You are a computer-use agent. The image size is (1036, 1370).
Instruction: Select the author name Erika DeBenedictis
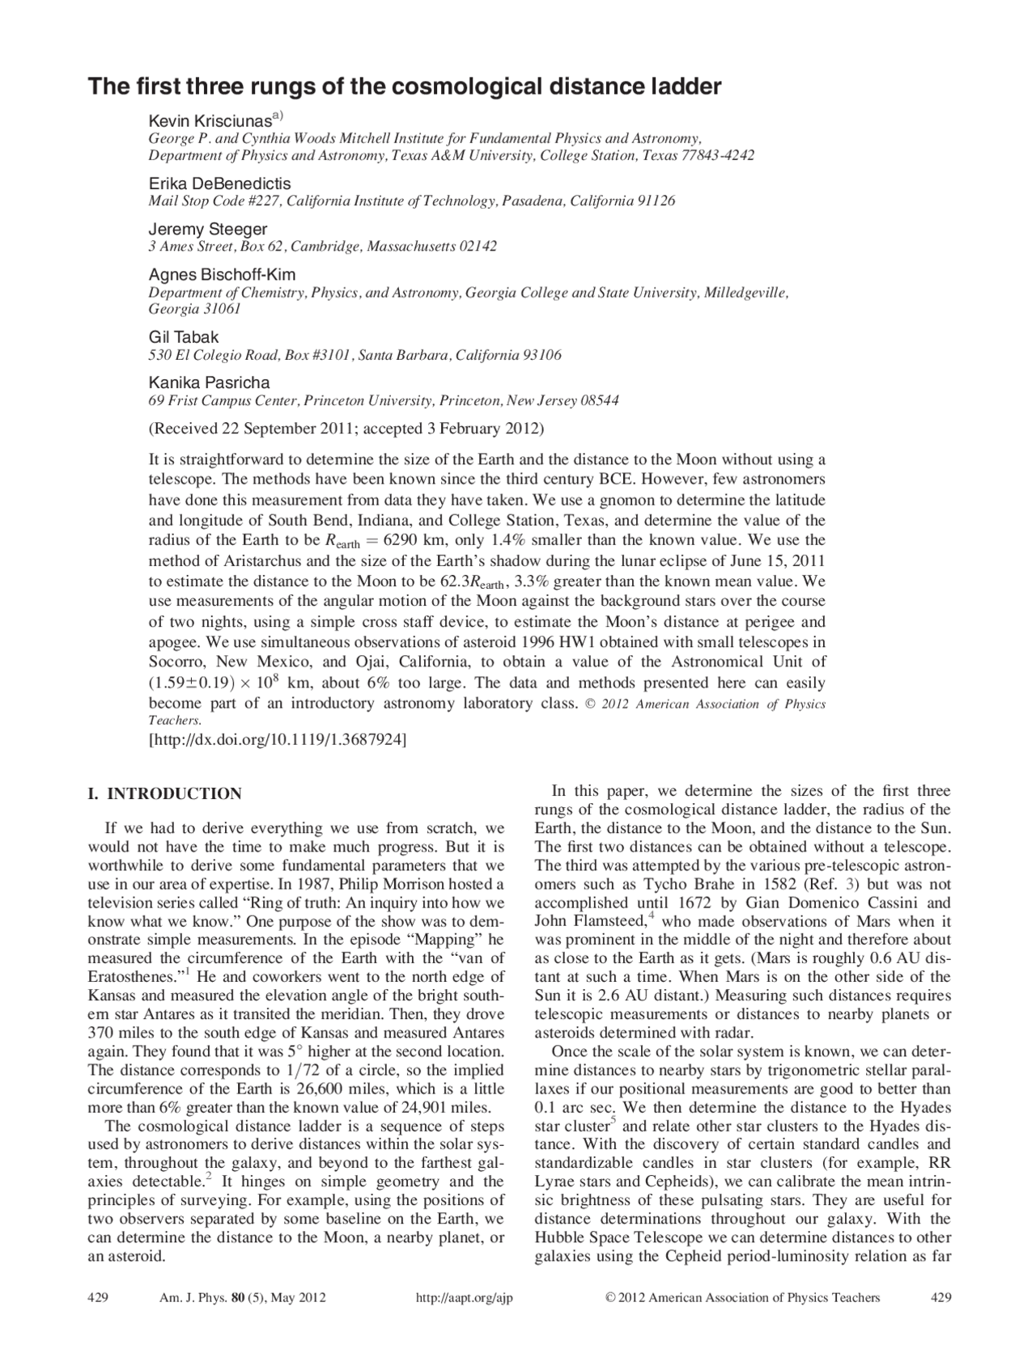click(x=219, y=184)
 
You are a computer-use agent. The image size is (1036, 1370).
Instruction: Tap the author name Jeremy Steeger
click(x=207, y=229)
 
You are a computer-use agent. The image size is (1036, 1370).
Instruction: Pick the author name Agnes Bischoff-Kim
click(x=222, y=274)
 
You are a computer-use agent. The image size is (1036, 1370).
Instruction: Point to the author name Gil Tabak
click(x=183, y=337)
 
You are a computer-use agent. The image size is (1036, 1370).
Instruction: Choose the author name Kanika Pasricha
click(x=209, y=383)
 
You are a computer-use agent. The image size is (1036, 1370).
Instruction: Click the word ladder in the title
click(x=683, y=87)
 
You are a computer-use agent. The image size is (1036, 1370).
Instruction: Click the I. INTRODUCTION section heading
click(x=164, y=793)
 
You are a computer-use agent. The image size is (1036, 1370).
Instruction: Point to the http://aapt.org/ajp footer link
click(x=464, y=1298)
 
